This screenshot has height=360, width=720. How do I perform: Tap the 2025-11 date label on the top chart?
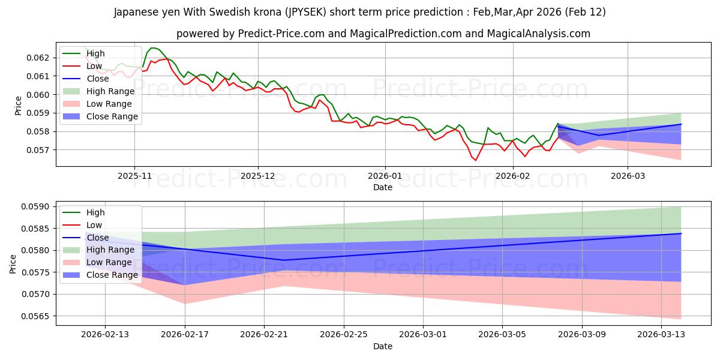pyautogui.click(x=134, y=176)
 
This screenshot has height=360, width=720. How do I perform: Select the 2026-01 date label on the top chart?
pyautogui.click(x=385, y=176)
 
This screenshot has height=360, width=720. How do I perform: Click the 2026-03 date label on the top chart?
pyautogui.click(x=628, y=176)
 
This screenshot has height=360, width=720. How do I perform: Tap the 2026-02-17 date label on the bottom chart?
pyautogui.click(x=184, y=335)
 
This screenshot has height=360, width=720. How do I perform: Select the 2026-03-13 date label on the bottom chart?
pyautogui.click(x=661, y=335)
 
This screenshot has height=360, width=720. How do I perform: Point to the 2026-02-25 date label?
pyautogui.click(x=343, y=335)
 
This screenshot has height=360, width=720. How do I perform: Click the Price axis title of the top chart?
pyautogui.click(x=19, y=106)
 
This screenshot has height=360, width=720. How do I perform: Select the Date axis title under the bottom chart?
pyautogui.click(x=383, y=346)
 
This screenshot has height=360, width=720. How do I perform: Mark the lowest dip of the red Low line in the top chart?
pyautogui.click(x=476, y=160)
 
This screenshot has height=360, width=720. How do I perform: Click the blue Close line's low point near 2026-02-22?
pyautogui.click(x=284, y=260)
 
